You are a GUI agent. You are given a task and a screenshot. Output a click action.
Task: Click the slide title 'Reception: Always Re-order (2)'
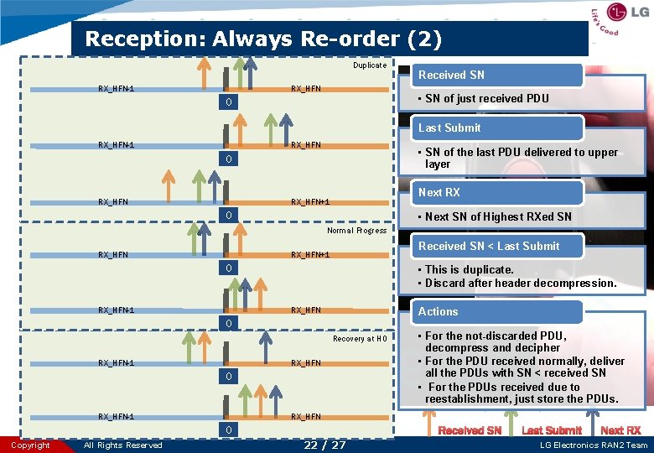click(x=263, y=39)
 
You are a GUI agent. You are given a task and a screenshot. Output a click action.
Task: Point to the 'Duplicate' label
click(x=370, y=65)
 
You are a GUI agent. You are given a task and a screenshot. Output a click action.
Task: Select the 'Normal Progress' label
click(x=356, y=231)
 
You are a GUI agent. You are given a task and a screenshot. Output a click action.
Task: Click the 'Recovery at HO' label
click(x=360, y=339)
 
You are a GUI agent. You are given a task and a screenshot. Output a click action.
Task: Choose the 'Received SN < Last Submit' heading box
click(x=489, y=246)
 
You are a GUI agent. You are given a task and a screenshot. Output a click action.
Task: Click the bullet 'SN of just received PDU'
click(x=486, y=98)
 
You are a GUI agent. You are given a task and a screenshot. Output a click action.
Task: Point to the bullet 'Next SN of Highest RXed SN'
click(x=498, y=216)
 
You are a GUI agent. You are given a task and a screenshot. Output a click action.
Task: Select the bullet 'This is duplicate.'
click(x=469, y=269)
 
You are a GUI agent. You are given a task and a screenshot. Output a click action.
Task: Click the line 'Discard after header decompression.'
click(x=520, y=283)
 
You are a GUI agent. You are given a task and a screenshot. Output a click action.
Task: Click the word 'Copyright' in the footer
click(x=30, y=445)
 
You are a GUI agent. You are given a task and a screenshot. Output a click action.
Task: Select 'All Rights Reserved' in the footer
click(x=123, y=445)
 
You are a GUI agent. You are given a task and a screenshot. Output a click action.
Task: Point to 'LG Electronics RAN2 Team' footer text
click(x=592, y=445)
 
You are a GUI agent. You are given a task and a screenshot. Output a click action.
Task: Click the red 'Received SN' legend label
click(x=470, y=430)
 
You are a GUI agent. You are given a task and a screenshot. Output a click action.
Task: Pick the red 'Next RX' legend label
click(x=620, y=430)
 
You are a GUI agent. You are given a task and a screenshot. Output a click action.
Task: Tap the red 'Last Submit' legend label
click(x=551, y=430)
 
